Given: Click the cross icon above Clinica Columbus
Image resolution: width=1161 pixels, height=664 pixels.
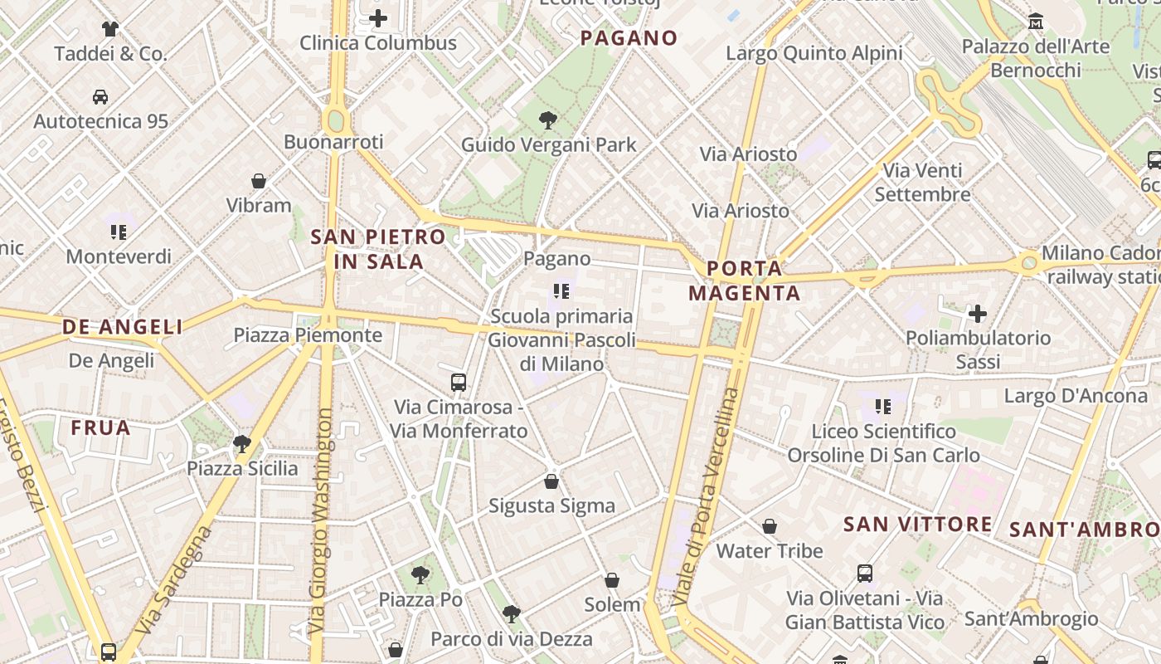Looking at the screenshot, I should pyautogui.click(x=378, y=17).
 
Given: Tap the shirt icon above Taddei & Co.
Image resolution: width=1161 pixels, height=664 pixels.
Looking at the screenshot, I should pyautogui.click(x=110, y=29).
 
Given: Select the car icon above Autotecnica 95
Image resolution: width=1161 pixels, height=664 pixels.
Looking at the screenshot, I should pyautogui.click(x=100, y=96).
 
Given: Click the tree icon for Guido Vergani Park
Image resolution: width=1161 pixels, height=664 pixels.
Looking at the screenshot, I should pyautogui.click(x=547, y=120).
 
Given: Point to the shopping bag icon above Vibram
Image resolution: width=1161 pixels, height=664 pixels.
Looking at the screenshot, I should pyautogui.click(x=259, y=180).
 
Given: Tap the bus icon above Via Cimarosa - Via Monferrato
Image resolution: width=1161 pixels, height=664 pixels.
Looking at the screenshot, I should pyautogui.click(x=459, y=383).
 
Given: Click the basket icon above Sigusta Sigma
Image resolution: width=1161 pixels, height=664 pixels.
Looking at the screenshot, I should pyautogui.click(x=551, y=481).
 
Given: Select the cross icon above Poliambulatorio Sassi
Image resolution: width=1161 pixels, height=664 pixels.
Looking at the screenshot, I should pyautogui.click(x=978, y=314).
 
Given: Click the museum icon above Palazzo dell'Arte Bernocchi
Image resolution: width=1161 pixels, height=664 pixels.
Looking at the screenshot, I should pyautogui.click(x=1036, y=22).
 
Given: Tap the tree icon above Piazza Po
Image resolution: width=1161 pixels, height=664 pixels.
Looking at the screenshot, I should pyautogui.click(x=420, y=574).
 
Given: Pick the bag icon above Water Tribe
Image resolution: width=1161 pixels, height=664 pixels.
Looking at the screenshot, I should pyautogui.click(x=770, y=526).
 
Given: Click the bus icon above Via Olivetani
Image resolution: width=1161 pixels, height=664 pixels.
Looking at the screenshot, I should pyautogui.click(x=865, y=573).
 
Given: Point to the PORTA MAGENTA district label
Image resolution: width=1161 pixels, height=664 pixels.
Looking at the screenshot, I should pyautogui.click(x=745, y=281).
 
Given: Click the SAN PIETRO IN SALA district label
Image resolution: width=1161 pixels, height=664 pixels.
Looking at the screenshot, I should pyautogui.click(x=378, y=249).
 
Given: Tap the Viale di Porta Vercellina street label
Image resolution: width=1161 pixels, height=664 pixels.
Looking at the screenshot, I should pyautogui.click(x=705, y=496).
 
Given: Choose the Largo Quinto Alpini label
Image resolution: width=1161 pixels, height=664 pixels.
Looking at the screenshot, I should pyautogui.click(x=814, y=53).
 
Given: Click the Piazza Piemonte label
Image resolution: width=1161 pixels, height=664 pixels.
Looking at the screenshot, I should pyautogui.click(x=308, y=335).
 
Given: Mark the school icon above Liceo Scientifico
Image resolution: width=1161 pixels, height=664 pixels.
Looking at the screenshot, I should pyautogui.click(x=883, y=407).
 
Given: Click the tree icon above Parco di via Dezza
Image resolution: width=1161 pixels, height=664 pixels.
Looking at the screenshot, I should pyautogui.click(x=512, y=614).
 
